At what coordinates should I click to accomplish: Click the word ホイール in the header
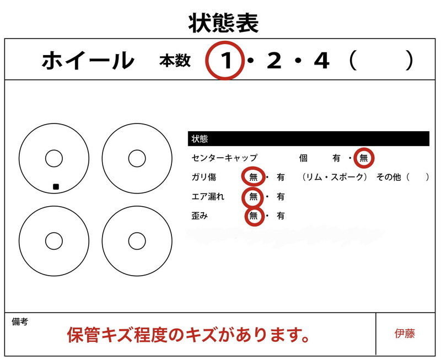click(88, 61)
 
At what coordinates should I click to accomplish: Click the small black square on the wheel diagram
click(56, 187)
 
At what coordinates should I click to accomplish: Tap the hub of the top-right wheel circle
click(137, 158)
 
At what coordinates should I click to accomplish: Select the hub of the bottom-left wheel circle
click(53, 241)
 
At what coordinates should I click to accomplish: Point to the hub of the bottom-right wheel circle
click(137, 241)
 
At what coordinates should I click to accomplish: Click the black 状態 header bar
click(308, 138)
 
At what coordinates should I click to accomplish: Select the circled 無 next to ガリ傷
click(253, 177)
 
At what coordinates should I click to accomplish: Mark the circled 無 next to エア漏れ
click(253, 196)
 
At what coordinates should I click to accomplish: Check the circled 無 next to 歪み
click(253, 216)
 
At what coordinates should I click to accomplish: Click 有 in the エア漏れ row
click(281, 196)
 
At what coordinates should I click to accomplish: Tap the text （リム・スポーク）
click(335, 177)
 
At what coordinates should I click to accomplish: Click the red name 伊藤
click(405, 334)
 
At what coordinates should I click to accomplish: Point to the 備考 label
click(20, 321)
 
